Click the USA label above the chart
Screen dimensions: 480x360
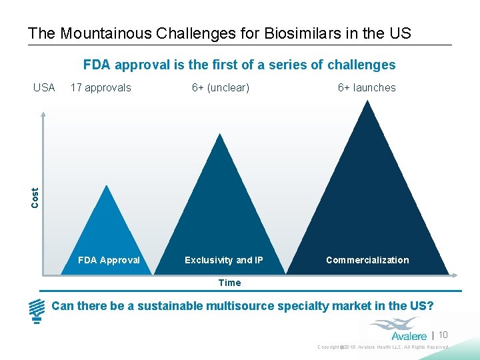(x=44, y=87)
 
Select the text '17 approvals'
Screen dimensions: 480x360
(x=101, y=87)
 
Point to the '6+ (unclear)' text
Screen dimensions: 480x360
(x=221, y=87)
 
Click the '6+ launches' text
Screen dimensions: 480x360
(x=367, y=87)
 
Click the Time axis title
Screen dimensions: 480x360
(x=229, y=283)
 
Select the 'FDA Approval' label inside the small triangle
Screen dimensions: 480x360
(x=109, y=260)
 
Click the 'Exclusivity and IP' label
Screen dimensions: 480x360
(x=224, y=260)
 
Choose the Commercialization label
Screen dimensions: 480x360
(x=367, y=260)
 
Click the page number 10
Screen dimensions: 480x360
(x=443, y=335)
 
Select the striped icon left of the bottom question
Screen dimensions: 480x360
(x=37, y=311)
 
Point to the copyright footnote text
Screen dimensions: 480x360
(x=383, y=347)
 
